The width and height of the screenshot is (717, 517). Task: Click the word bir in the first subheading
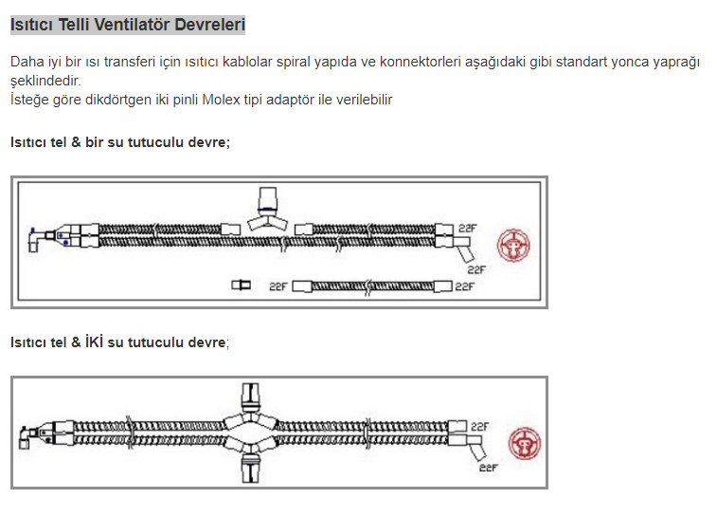click(94, 142)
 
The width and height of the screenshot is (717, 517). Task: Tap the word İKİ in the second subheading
click(94, 342)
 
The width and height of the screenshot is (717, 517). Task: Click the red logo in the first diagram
click(513, 246)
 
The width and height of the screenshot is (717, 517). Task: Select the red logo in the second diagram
click(525, 443)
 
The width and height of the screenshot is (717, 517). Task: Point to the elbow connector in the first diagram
click(36, 239)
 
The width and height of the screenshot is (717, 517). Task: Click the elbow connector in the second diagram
click(27, 437)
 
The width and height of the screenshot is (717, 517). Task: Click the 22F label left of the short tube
click(278, 286)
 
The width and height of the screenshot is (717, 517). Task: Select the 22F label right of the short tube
click(465, 286)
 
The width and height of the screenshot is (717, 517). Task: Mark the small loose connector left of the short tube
click(241, 286)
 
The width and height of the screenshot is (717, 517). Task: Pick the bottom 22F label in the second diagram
click(488, 468)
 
